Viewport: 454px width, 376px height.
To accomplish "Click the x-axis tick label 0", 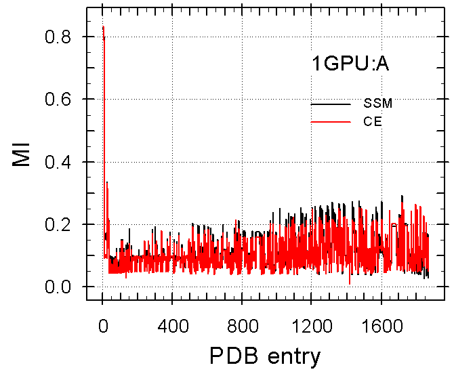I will tap(102, 325).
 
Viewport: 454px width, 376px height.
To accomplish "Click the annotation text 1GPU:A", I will tap(350, 65).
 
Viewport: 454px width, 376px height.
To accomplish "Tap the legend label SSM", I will tap(377, 104).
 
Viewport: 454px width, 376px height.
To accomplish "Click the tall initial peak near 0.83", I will tap(102, 28).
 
